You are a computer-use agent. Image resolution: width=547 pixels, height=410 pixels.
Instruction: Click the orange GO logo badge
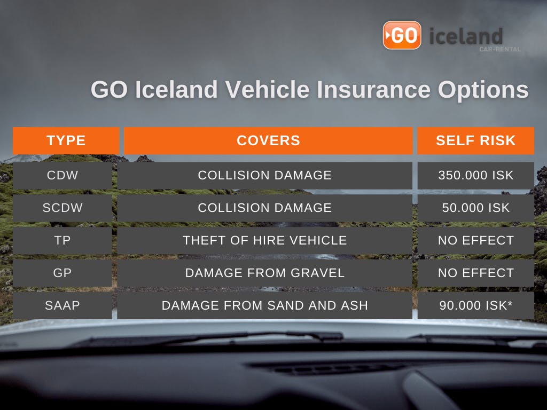tap(402, 35)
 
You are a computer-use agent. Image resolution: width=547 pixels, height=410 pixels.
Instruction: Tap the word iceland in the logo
tap(466, 36)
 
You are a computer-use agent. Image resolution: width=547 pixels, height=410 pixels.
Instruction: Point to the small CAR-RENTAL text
tap(500, 49)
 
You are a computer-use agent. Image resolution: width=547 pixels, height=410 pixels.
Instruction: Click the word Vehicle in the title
tap(267, 89)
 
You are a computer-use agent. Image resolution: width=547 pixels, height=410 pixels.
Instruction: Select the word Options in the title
tap(483, 90)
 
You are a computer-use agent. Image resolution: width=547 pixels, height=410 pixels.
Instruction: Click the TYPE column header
tap(66, 140)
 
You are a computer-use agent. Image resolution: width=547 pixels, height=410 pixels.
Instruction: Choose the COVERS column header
tap(268, 140)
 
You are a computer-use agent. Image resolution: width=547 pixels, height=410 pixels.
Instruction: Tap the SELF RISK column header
tap(475, 140)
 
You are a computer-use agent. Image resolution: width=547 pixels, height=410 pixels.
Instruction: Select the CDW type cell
tap(62, 175)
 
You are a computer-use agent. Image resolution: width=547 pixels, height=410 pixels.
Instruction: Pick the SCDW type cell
tap(62, 208)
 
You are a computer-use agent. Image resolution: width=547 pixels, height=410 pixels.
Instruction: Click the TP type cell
tap(62, 241)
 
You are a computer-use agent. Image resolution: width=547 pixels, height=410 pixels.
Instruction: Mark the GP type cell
tap(62, 273)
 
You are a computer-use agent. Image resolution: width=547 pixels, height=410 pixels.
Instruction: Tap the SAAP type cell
tap(62, 305)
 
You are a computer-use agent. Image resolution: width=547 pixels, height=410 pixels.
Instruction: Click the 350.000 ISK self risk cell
tap(476, 175)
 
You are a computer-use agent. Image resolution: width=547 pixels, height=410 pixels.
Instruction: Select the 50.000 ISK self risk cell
tap(476, 208)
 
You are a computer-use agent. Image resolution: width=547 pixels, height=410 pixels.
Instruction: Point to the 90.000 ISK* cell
tap(476, 305)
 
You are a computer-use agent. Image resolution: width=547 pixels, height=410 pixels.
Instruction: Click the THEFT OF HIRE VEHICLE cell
tap(265, 241)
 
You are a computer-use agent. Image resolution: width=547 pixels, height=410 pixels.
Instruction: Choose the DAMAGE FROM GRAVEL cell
tap(265, 273)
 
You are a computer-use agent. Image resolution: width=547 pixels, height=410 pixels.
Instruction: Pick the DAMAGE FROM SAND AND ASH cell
tap(265, 305)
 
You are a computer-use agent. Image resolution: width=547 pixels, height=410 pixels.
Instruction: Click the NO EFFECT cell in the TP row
tap(476, 241)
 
